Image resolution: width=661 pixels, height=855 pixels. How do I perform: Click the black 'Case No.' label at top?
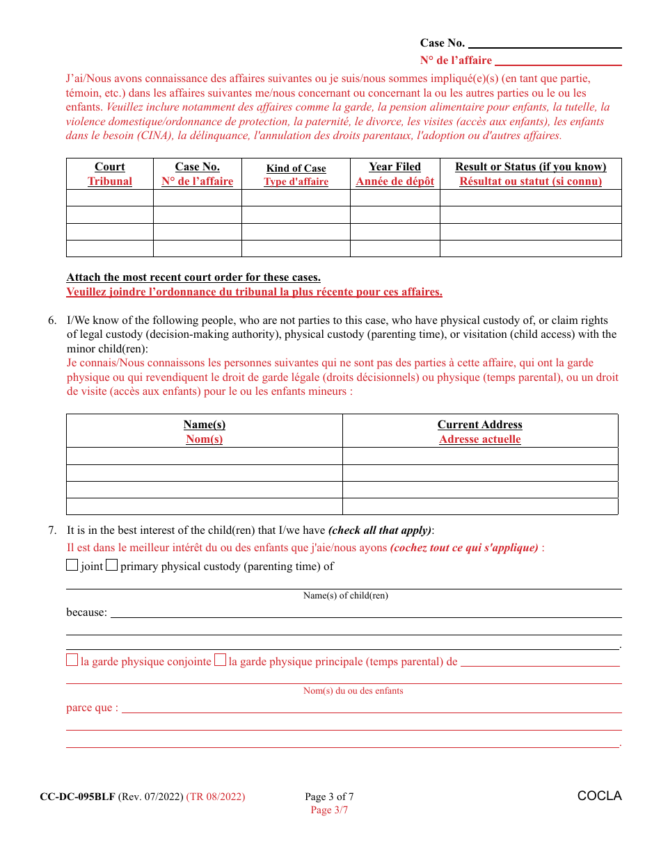442,43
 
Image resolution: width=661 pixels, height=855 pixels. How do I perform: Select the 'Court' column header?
110,167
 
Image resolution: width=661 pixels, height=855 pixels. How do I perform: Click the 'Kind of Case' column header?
296,168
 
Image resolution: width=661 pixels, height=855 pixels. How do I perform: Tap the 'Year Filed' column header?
395,167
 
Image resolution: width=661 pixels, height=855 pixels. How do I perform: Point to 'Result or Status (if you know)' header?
530,167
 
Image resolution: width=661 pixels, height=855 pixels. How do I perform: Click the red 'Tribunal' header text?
110,181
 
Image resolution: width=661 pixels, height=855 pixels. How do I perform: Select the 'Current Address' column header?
479,425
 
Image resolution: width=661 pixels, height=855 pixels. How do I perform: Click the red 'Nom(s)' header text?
204,439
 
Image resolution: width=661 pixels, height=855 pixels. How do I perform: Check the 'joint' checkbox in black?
72,565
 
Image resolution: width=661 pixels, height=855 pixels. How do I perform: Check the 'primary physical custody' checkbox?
111,565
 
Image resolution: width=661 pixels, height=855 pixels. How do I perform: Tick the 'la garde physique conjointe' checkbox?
72,660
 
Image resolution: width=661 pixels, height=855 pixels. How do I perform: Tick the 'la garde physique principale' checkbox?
220,660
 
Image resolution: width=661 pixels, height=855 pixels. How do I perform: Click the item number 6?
52,320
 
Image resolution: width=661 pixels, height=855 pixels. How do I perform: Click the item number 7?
52,530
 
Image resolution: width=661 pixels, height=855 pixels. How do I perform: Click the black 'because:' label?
86,612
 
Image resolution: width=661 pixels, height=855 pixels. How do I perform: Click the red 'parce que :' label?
92,708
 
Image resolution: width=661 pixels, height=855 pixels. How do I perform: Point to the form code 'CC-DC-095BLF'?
77,797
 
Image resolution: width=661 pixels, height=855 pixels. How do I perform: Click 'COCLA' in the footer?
599,796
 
